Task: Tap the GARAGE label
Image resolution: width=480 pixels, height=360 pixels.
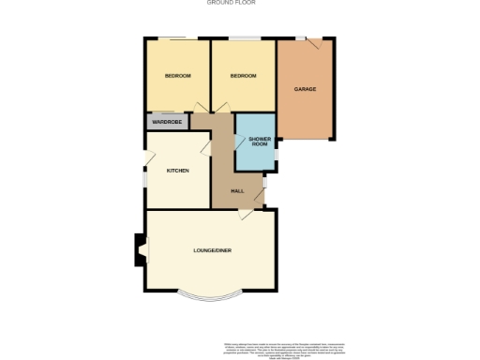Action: [305, 89]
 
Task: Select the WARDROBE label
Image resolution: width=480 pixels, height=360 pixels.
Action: [166, 122]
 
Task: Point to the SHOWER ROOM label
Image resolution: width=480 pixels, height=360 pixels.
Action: [260, 142]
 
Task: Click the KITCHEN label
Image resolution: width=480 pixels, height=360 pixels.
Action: [178, 171]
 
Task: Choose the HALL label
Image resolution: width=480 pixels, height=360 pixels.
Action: [237, 191]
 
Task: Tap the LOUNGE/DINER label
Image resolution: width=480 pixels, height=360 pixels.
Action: [212, 250]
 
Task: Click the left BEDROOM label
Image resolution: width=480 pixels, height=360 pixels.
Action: [178, 76]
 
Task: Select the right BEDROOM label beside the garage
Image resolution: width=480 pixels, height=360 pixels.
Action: [244, 76]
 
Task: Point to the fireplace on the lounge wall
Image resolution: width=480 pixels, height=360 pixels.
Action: [140, 249]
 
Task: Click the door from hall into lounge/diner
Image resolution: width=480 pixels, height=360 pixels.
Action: [246, 215]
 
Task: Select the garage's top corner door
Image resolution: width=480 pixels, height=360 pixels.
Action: [316, 43]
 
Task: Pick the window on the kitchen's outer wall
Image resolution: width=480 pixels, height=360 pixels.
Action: [144, 176]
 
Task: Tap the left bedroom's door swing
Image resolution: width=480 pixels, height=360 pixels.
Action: [199, 108]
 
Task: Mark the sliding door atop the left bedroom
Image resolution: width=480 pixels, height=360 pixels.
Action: [172, 38]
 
